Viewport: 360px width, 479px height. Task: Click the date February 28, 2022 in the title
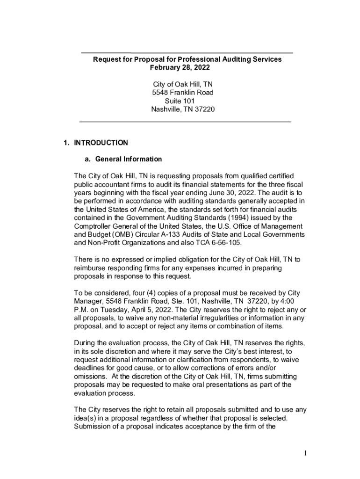[x=180, y=68]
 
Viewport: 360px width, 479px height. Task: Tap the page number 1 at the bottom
[x=303, y=453]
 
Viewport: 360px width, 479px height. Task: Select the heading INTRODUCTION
[x=100, y=143]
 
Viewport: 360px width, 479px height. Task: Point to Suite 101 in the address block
[x=180, y=101]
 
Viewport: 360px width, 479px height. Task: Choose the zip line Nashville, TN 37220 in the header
[x=183, y=109]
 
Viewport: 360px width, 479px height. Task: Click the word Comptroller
[x=94, y=226]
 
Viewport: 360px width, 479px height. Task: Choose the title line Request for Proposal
[x=187, y=59]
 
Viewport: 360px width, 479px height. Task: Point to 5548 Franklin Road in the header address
[x=183, y=93]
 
